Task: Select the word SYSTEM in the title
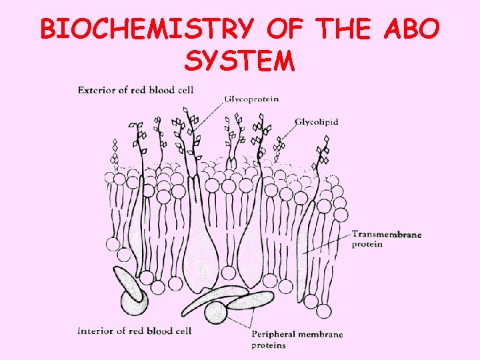pos(239,61)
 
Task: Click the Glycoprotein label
pos(251,99)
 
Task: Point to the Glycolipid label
pos(316,122)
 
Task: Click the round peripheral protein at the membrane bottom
pos(215,312)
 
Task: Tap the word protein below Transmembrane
pos(367,244)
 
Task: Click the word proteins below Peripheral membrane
pos(269,345)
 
